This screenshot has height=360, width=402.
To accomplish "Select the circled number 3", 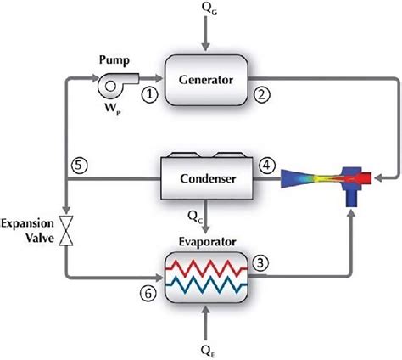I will pyautogui.click(x=263, y=263).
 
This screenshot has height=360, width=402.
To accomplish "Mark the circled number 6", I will pyautogui.click(x=147, y=293).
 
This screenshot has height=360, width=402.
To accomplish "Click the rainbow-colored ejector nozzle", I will pyautogui.click(x=322, y=179).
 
